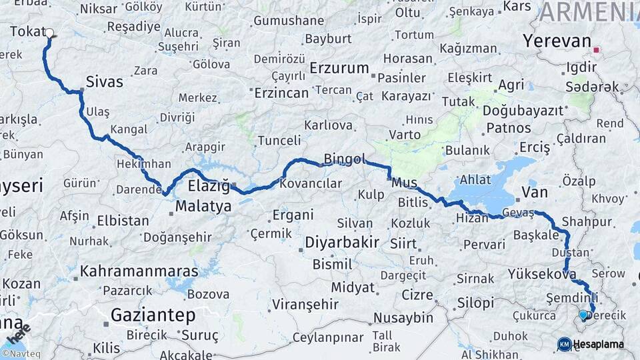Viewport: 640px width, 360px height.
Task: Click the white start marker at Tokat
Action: click(49, 32)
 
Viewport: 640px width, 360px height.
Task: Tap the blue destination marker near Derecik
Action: click(583, 315)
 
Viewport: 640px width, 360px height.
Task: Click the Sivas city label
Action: click(105, 82)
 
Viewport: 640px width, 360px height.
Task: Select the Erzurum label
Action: click(339, 68)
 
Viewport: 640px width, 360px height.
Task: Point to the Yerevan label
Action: click(557, 41)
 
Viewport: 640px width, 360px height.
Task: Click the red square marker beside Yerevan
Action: click(596, 49)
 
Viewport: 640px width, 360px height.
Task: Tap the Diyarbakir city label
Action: click(342, 242)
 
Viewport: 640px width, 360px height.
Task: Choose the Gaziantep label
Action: click(153, 315)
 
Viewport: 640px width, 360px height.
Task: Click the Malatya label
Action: click(203, 206)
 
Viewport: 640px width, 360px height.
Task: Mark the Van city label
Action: click(534, 193)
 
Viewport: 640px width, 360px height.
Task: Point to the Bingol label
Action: click(345, 159)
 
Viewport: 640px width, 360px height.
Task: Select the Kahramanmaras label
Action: click(139, 271)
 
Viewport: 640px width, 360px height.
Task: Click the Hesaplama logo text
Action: click(599, 344)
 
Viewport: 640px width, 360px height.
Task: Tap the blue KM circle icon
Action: click(564, 344)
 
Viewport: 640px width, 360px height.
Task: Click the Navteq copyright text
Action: click(19, 354)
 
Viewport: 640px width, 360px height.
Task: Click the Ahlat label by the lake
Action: click(475, 180)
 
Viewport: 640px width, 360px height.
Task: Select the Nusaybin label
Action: click(403, 317)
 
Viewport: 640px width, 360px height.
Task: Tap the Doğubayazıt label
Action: click(523, 111)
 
